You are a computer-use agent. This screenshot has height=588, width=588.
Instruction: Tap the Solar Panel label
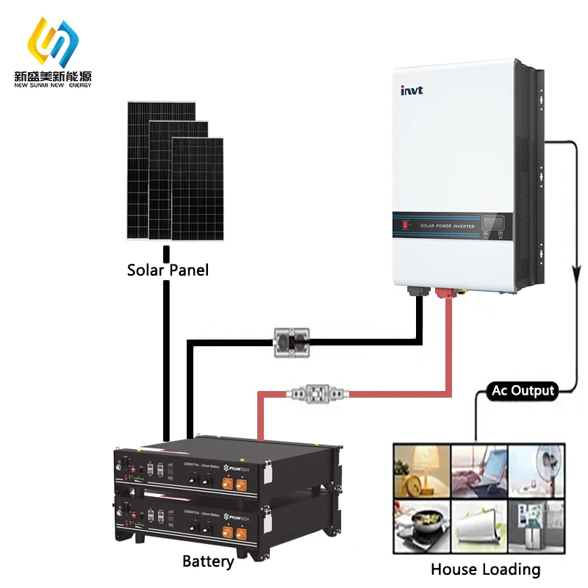pos(168,270)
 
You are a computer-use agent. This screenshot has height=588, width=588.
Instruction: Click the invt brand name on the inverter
pos(412,90)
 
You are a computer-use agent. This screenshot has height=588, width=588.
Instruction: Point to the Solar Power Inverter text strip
pos(446,226)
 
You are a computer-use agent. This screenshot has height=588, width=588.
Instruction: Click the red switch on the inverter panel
pos(404,223)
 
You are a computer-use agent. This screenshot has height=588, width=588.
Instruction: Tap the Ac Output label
pos(523,390)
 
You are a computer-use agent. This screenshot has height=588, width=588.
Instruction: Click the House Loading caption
pos(485,569)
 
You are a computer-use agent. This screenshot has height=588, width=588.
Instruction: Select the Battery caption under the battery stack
pos(208,562)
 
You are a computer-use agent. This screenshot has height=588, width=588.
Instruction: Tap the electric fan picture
pos(537,470)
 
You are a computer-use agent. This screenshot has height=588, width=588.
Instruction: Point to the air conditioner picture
pos(478,524)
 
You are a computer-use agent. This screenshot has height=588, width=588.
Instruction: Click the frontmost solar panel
pos(197,188)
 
